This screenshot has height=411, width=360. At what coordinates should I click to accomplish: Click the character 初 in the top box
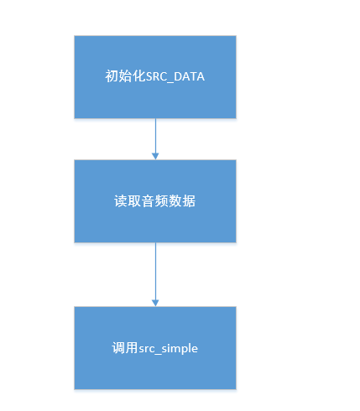point(111,77)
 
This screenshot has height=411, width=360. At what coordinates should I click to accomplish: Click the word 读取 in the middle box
point(124,202)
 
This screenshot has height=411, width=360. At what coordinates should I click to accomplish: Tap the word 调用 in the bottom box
point(123,347)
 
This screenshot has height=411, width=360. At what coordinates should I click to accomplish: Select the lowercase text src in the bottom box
point(143,347)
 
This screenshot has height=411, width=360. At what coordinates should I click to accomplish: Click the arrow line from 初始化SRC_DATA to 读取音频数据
point(155,134)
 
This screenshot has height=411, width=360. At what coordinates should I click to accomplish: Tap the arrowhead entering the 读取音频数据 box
point(155,156)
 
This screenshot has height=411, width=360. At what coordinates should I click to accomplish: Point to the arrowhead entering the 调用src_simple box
point(155,302)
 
